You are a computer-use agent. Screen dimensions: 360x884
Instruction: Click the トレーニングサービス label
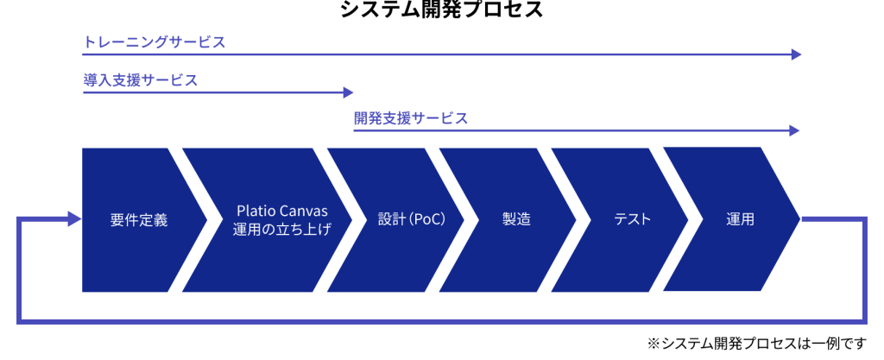[x=155, y=41]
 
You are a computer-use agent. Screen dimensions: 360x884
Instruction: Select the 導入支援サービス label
[x=141, y=80]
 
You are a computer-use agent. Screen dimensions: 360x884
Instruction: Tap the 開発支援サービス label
[x=411, y=118]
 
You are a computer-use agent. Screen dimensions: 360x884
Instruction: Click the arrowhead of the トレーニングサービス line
[x=797, y=54]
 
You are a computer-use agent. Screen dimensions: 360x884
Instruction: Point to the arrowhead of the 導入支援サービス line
[x=348, y=92]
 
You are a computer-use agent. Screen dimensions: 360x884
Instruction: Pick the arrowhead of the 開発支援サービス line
[x=795, y=130]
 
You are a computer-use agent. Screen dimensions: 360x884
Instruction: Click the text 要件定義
[x=139, y=219]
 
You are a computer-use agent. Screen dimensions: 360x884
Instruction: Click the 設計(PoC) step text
[x=412, y=219]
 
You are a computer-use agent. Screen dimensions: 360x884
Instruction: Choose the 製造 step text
[x=516, y=219]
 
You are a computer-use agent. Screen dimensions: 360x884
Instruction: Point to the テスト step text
[x=632, y=219]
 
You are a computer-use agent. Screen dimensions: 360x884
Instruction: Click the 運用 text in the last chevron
[x=741, y=219]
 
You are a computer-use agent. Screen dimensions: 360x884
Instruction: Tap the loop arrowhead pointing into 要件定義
[x=75, y=219]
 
